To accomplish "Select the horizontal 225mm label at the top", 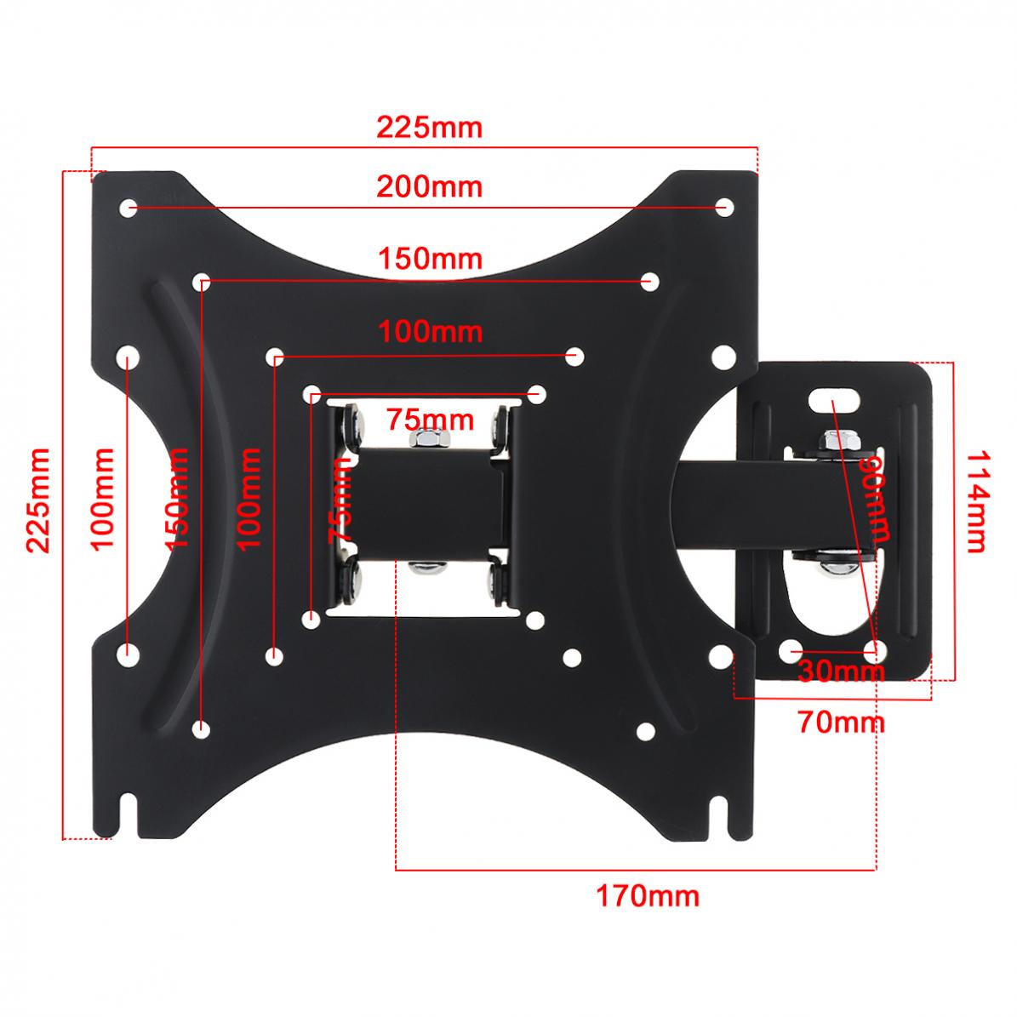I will (430, 128).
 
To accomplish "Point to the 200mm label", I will (430, 186).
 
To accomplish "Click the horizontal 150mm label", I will (430, 257).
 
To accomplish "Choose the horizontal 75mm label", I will (429, 420).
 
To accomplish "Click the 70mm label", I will (841, 723).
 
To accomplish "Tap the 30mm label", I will (841, 671).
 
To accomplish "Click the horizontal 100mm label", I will (430, 331).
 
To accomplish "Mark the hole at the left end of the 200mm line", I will (129, 207).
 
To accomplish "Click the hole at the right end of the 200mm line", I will (724, 207).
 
